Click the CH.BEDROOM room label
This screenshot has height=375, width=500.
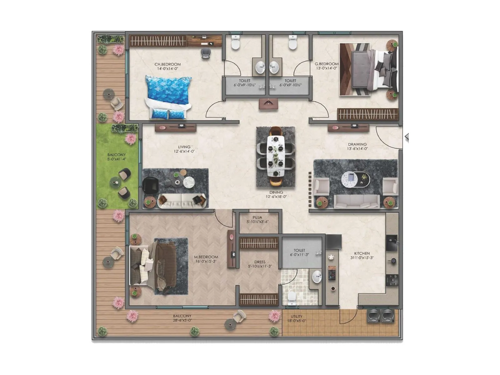click(167, 64)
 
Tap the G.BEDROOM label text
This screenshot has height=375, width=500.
click(327, 64)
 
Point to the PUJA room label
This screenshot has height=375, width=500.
click(257, 217)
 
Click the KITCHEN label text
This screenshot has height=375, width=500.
click(362, 253)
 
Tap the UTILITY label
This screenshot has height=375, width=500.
click(297, 317)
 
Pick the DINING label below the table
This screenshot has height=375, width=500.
click(276, 192)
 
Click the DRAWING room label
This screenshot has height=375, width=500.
click(357, 144)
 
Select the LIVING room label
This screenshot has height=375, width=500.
click(184, 147)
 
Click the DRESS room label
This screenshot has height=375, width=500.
click(260, 262)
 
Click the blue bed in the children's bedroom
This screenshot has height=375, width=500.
click(168, 97)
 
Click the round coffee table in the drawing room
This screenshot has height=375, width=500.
click(350, 179)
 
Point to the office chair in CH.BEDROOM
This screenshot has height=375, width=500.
click(205, 53)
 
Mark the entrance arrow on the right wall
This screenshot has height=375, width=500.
click(407, 137)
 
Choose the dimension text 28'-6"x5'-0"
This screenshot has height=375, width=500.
click(182, 320)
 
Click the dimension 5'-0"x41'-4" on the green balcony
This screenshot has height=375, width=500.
click(117, 159)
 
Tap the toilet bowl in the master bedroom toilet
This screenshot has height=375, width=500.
click(292, 296)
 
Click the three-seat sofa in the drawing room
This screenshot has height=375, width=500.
click(357, 201)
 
